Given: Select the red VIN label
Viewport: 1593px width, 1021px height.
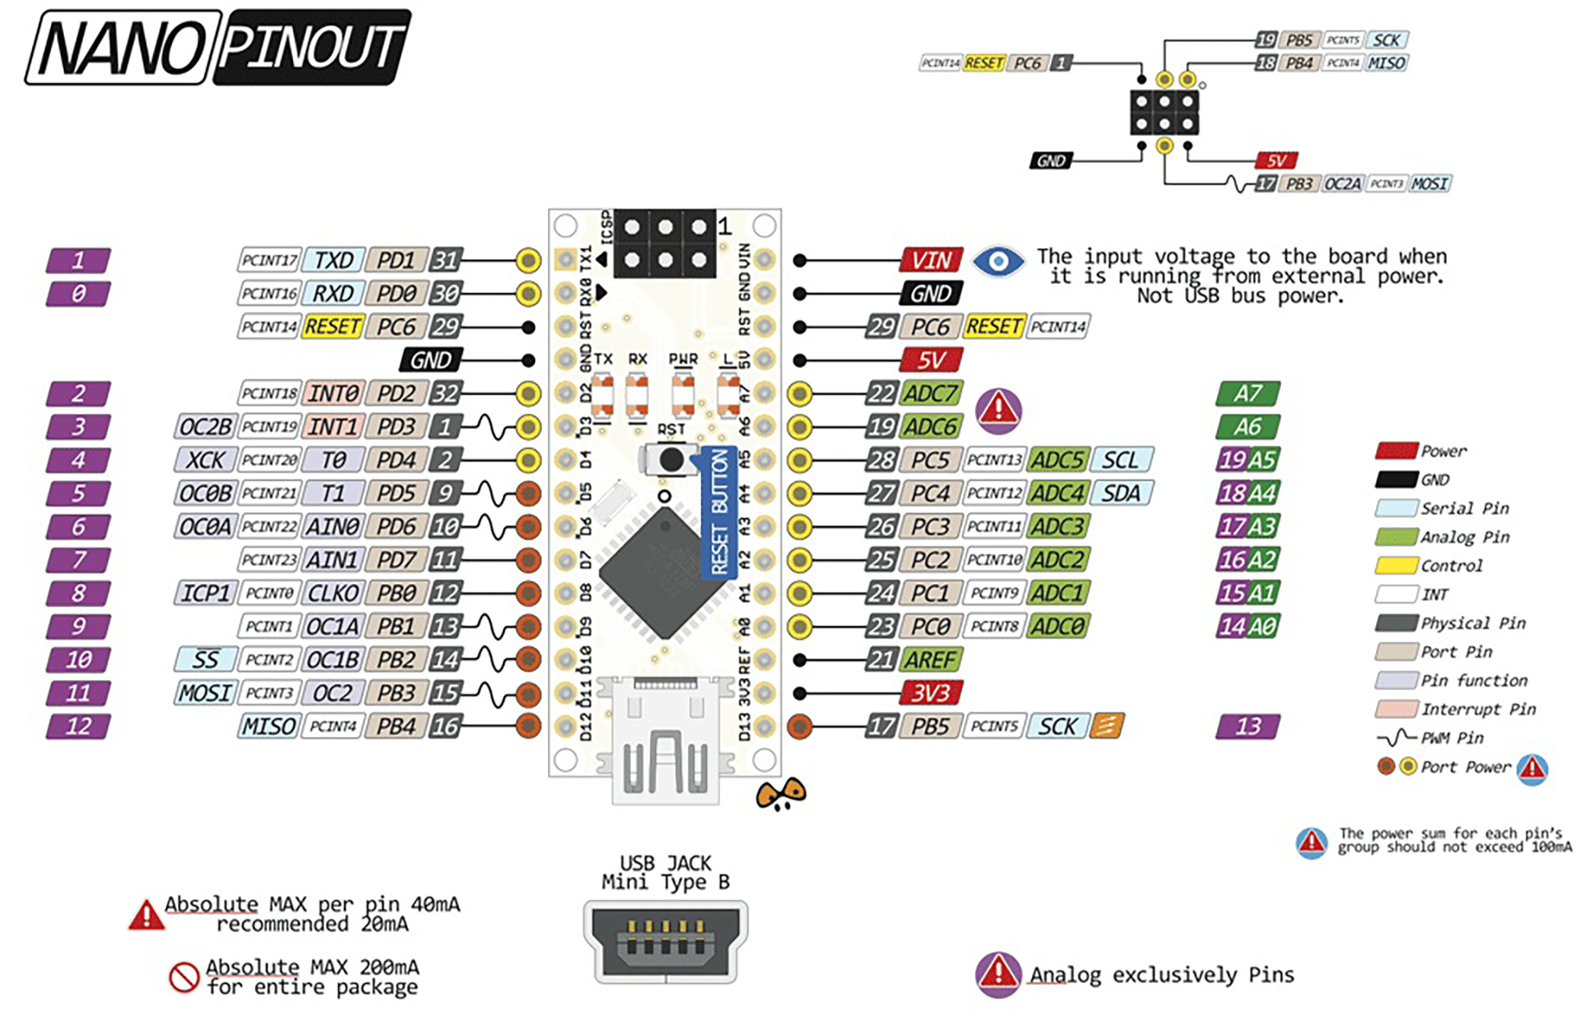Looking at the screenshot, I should pos(931,260).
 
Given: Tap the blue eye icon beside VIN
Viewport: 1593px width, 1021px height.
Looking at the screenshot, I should pos(998,260).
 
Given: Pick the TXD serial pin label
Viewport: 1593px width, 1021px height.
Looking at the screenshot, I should pos(333,260).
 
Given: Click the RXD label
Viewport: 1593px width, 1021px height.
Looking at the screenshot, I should pos(333,294).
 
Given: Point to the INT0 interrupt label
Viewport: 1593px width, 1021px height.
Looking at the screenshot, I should pos(333,393).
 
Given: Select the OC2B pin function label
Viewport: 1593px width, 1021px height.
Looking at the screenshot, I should pos(205,427).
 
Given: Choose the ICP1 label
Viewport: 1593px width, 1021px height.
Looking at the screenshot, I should pos(205,593).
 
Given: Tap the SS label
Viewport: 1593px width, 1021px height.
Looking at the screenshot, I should pos(205,659).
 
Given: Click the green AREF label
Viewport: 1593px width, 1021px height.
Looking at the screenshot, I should pos(930,659).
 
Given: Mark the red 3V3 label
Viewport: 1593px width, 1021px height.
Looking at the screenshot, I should pos(930,693).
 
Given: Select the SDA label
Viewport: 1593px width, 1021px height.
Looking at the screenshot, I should pos(1121,494).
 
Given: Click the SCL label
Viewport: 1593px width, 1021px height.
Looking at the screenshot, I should pos(1121,460).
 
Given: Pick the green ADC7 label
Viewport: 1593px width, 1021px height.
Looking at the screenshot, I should pos(930,393).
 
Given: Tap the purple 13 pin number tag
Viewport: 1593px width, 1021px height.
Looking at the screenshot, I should pos(1247,726).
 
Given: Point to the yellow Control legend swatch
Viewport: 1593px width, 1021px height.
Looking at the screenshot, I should pos(1395,566).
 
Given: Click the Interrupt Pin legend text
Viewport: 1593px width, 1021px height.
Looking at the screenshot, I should pos(1477,709).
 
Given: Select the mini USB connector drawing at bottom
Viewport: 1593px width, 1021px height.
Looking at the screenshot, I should pos(665,941).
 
